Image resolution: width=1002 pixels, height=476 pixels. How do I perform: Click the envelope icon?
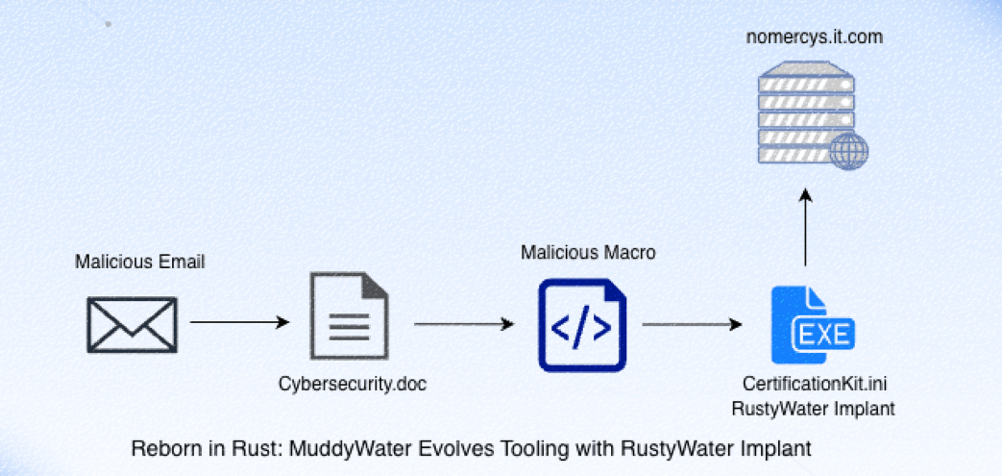(x=133, y=325)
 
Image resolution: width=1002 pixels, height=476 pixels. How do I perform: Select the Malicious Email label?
(x=140, y=262)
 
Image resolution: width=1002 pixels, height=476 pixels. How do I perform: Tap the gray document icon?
(x=350, y=316)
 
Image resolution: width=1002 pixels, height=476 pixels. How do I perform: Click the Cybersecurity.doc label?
(x=353, y=384)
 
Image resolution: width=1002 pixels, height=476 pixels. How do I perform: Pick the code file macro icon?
(x=582, y=325)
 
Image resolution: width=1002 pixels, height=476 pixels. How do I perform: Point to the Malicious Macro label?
(x=588, y=253)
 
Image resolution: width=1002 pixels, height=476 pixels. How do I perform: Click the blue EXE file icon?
(x=813, y=325)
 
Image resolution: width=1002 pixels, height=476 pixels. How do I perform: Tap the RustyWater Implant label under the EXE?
(x=814, y=408)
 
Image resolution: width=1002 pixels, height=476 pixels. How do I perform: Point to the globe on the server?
(x=848, y=151)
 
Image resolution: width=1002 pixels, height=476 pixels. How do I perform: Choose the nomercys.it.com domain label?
(x=815, y=38)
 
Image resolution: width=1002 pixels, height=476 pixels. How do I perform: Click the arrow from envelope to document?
(x=240, y=322)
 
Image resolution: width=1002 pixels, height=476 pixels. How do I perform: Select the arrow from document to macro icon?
(x=464, y=324)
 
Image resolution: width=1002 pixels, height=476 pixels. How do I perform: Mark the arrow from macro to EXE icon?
(x=692, y=324)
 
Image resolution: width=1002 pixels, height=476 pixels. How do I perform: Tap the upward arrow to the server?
(x=805, y=227)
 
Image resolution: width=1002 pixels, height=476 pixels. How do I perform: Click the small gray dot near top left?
(x=108, y=24)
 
